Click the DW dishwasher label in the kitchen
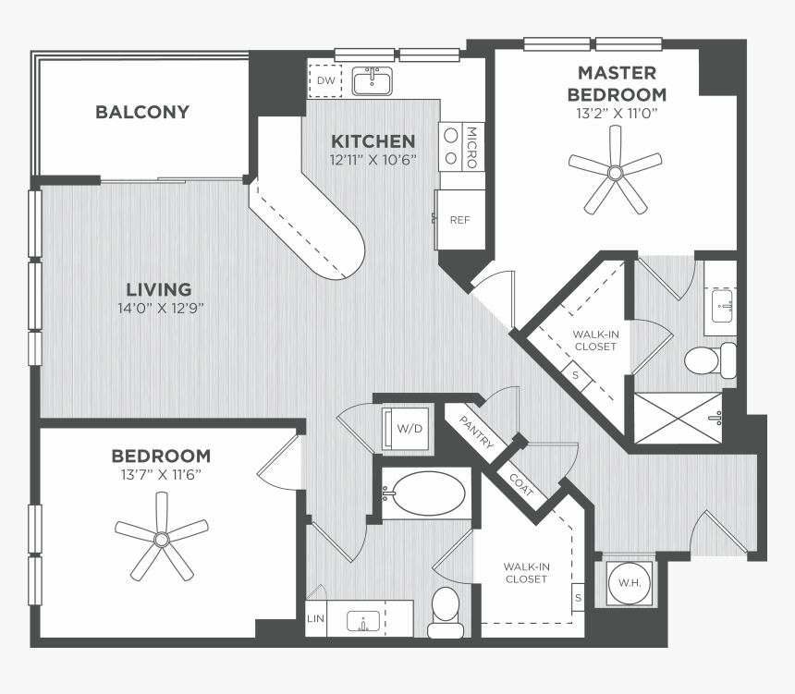pos(325,80)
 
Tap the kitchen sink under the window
pos(373,81)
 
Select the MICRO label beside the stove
pos(471,147)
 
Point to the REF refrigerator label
pos(459,220)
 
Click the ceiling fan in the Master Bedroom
pos(615,170)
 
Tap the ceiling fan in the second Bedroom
pos(162,537)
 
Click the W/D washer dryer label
pos(410,429)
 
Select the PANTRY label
pos(476,432)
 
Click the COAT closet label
pos(521,484)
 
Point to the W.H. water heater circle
pos(630,583)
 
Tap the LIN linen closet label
pos(315,618)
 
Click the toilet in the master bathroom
pos(710,360)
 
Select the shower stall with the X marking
pos(679,419)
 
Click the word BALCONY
pos(142,112)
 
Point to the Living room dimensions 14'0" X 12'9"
pos(161,309)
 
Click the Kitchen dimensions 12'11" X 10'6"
pos(373,160)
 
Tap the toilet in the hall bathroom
pos(446,613)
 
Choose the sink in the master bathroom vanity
pos(722,306)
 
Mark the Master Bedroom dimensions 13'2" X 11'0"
pos(617,113)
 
